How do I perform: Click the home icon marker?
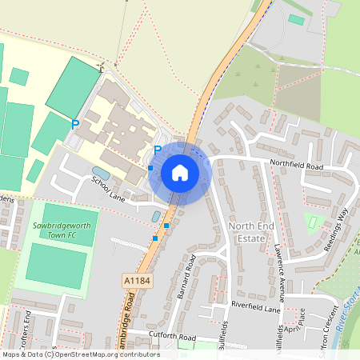(180, 172)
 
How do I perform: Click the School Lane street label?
(109, 190)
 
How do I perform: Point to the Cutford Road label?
(172, 338)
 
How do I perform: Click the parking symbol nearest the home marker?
(158, 150)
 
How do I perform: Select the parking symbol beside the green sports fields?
(75, 124)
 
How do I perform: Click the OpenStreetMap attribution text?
(80, 354)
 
